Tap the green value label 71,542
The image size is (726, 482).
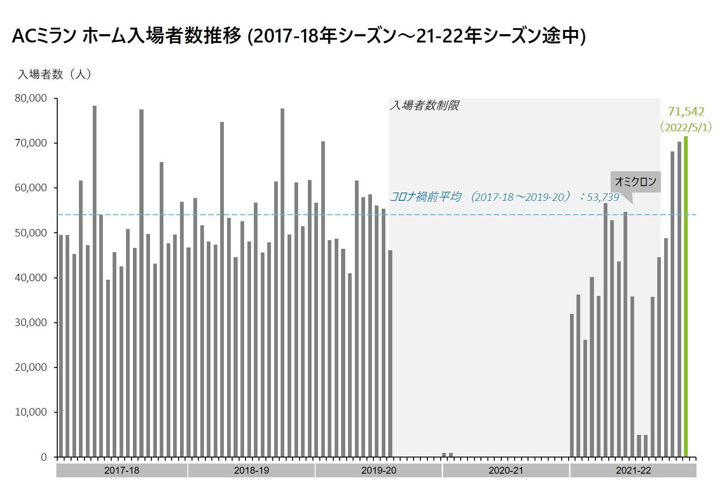686,111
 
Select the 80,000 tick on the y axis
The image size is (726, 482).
31,98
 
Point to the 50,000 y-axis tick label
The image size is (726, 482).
31,233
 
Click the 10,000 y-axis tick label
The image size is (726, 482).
31,412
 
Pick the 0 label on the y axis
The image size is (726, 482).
44,457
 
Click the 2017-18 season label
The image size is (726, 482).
122,470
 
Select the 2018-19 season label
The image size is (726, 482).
251,470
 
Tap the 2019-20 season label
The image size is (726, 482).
378,470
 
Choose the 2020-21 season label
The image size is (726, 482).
506,470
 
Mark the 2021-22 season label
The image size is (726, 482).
633,470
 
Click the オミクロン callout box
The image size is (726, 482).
636,182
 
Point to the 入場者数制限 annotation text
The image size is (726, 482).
424,106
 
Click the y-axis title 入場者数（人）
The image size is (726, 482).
54,74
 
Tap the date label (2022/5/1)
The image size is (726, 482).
685,127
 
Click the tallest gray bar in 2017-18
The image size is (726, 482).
95,281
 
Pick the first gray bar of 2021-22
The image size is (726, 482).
572,386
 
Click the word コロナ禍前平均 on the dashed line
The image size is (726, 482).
425,197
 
